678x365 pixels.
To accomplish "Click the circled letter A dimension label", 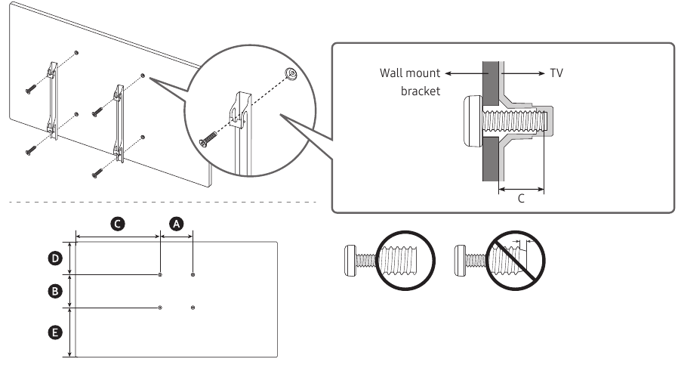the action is [x=176, y=224].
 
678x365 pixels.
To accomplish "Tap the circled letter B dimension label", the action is [x=55, y=291].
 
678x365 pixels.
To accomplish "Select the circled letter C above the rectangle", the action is [x=117, y=224].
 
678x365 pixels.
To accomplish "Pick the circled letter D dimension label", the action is [x=55, y=258].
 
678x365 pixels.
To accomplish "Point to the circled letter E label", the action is [x=55, y=333].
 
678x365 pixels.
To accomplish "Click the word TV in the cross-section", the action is [x=556, y=73].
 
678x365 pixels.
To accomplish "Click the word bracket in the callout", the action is [x=421, y=91].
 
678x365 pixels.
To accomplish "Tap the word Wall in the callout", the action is [x=392, y=73].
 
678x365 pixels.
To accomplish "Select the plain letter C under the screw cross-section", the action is [x=521, y=198].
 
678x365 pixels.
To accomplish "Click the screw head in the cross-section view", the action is [x=473, y=121].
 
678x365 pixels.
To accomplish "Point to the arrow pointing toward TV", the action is [x=522, y=73].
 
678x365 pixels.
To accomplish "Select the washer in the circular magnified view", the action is [x=291, y=73].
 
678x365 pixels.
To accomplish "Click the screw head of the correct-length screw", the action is [x=350, y=260].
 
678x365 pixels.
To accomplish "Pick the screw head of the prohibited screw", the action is [x=460, y=260].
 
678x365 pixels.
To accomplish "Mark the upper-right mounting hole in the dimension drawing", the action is [x=193, y=274].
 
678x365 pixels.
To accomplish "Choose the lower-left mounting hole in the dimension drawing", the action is [x=160, y=308].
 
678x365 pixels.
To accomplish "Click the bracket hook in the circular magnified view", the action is [x=239, y=110].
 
